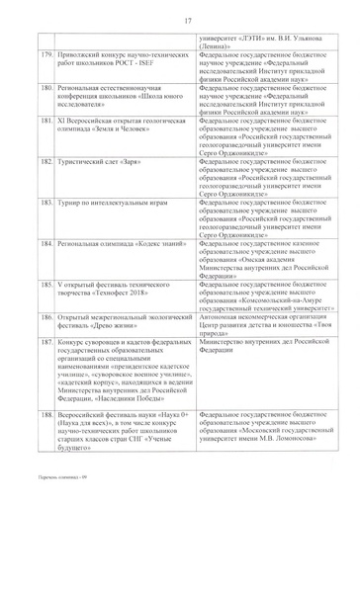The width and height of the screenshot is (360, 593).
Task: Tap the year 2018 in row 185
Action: pyautogui.click(x=131, y=292)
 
